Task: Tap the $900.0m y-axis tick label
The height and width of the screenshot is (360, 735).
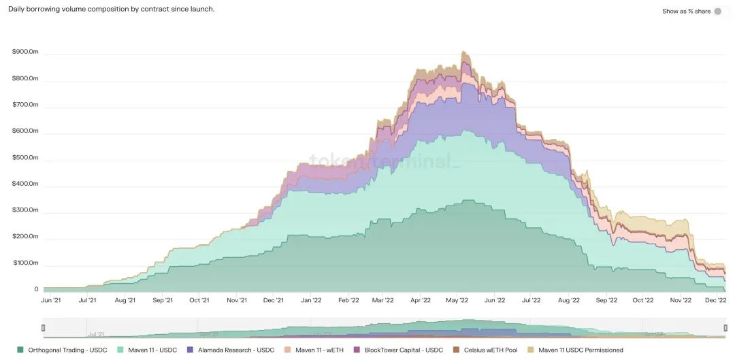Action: (26, 52)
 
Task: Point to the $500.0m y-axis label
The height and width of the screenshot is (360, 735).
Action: (26, 157)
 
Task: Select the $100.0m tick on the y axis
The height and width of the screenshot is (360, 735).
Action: (26, 263)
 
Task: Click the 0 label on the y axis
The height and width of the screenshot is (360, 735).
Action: (36, 289)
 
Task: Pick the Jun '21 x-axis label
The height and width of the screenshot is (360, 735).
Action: (51, 300)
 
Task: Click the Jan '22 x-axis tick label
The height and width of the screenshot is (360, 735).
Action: (311, 300)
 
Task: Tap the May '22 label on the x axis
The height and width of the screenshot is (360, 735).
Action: (457, 300)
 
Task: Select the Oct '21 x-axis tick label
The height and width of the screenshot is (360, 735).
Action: (199, 300)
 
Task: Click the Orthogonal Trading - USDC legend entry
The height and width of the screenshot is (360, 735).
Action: (63, 350)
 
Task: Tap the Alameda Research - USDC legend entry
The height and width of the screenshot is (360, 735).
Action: (231, 350)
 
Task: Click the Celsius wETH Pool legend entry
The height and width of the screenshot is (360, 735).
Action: (485, 350)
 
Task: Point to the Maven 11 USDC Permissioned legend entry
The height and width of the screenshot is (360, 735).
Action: (575, 350)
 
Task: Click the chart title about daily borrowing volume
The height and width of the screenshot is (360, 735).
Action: (111, 10)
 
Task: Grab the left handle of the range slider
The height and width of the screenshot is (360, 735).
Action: (44, 328)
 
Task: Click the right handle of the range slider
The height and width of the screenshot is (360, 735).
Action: (725, 328)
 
